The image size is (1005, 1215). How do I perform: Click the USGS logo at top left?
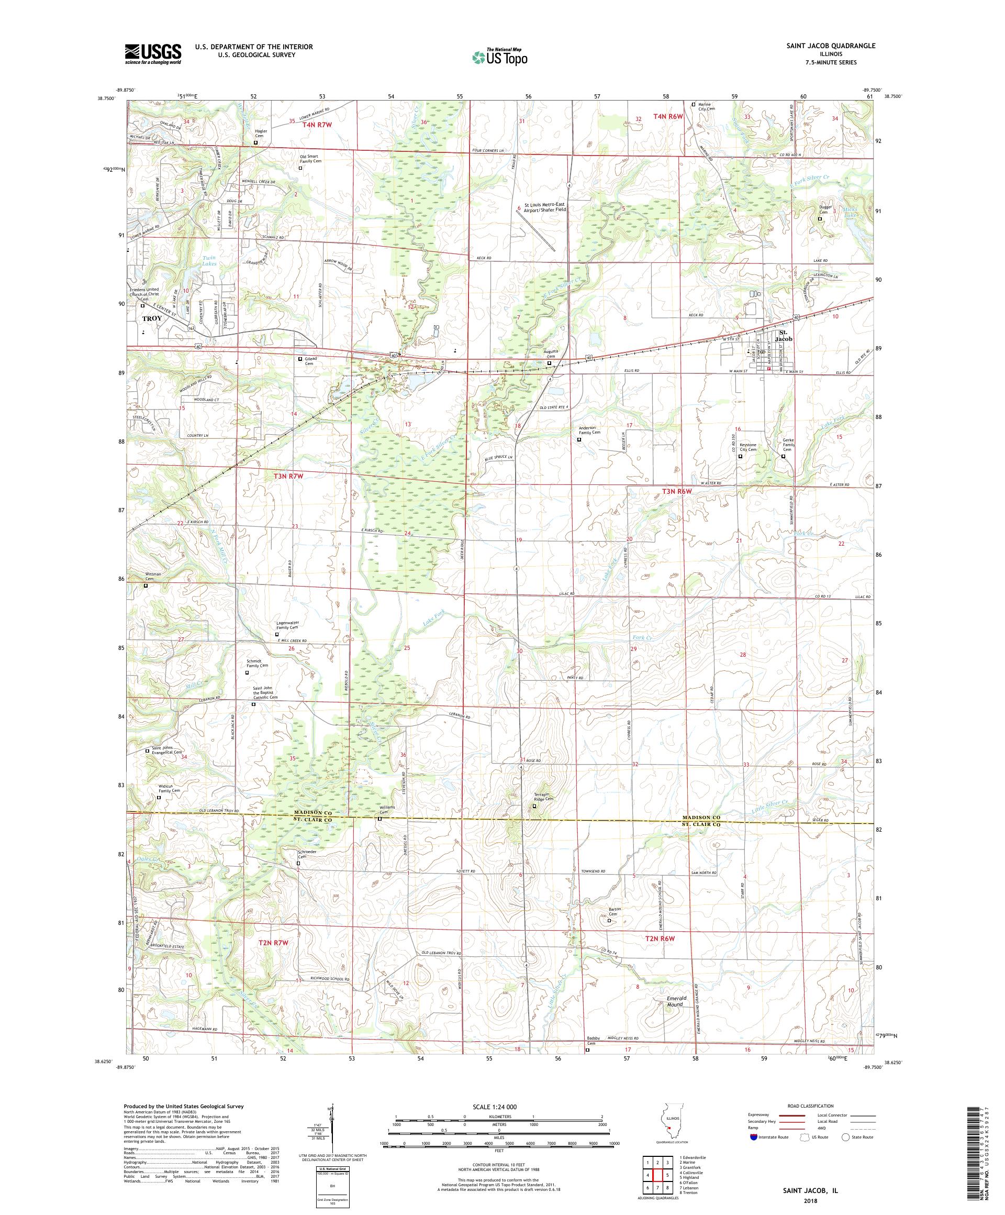(x=153, y=54)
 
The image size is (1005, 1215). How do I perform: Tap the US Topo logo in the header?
(x=500, y=57)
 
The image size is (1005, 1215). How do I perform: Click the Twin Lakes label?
(x=209, y=260)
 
